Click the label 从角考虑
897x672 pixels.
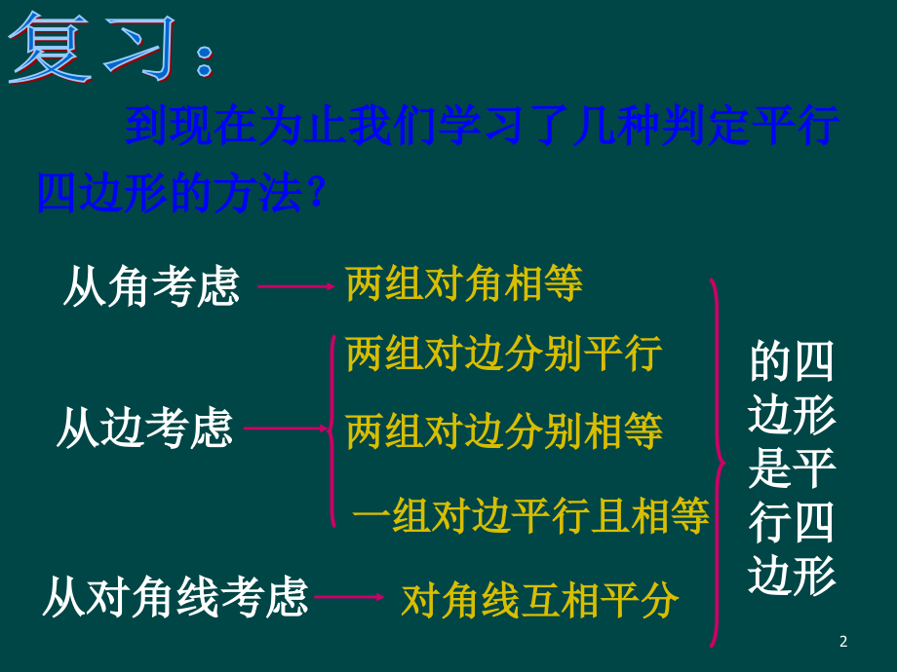point(151,286)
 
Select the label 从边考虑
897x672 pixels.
point(144,428)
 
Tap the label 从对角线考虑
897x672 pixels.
point(175,596)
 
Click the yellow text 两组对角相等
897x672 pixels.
point(464,283)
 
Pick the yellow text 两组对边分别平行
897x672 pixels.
point(504,354)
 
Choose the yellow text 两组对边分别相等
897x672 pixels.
point(504,430)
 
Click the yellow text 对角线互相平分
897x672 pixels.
point(539,600)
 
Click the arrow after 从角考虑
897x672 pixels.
point(295,286)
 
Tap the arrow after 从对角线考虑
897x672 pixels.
point(349,597)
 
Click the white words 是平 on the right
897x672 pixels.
point(792,470)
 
